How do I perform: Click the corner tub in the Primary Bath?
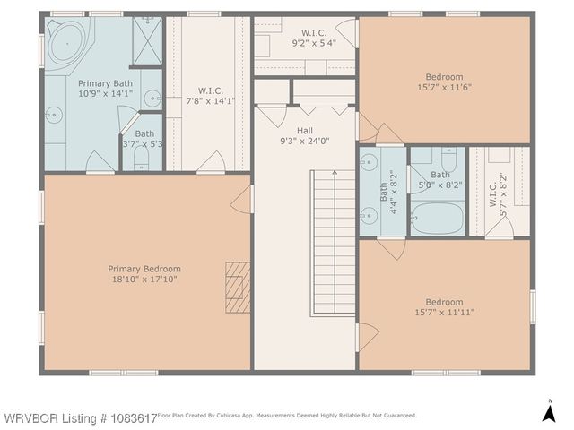pos(65,44)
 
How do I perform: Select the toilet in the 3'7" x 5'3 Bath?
pos(142,159)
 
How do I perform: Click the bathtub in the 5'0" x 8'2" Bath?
pos(438,218)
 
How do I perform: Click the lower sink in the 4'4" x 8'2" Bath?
pos(369,214)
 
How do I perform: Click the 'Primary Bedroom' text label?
pos(144,269)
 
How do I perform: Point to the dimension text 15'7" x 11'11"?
pos(444,313)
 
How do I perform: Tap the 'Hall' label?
pos(305,130)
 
